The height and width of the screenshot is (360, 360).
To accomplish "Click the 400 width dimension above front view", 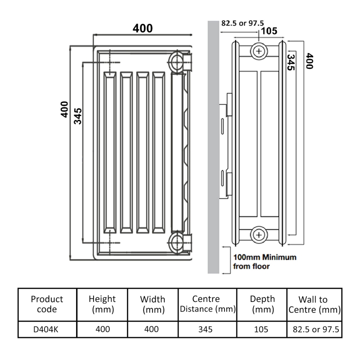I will [x=142, y=28].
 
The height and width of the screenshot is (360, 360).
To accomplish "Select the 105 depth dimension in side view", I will [x=269, y=31].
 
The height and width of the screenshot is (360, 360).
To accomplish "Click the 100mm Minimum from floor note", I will [x=265, y=262].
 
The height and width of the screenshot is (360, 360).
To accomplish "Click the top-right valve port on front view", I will [x=177, y=60].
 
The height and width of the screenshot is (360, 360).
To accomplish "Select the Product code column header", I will [x=47, y=304].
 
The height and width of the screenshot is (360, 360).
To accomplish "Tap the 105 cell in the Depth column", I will [x=261, y=329].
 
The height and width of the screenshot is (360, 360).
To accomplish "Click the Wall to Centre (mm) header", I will [x=314, y=305].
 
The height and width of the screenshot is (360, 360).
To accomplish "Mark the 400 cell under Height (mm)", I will [x=103, y=329].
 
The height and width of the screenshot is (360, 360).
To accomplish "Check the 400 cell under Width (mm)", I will [x=152, y=329].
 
